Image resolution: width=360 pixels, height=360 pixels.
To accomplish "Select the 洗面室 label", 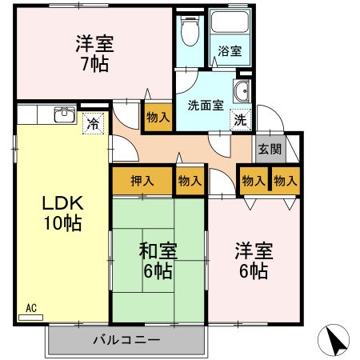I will (204, 104).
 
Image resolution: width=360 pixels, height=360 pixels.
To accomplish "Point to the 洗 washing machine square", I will (240, 120).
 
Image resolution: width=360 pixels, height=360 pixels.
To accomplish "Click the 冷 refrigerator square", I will (94, 124).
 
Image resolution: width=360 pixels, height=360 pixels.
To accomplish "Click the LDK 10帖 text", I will (62, 212).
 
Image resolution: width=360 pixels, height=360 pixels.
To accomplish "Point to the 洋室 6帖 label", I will (254, 261).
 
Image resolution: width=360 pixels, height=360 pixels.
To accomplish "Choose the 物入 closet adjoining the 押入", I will (190, 181).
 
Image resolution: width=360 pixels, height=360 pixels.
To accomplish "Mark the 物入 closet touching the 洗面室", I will (158, 117).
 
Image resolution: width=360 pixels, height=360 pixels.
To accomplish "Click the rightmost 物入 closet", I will (286, 181).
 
